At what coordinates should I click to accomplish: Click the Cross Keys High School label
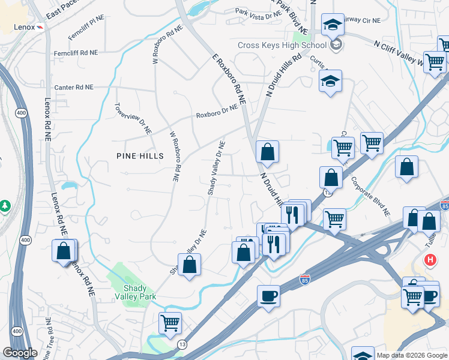pos(282,45)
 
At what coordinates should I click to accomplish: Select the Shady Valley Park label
pos(136,292)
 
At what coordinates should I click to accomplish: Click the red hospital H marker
pos(430,260)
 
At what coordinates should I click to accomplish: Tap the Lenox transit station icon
pos(39,27)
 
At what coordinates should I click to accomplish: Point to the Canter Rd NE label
pos(74,87)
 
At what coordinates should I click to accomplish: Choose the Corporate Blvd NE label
pos(370,196)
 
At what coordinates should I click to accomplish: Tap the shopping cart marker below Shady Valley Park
pos(170,323)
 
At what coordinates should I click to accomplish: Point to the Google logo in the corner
pos(20,352)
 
